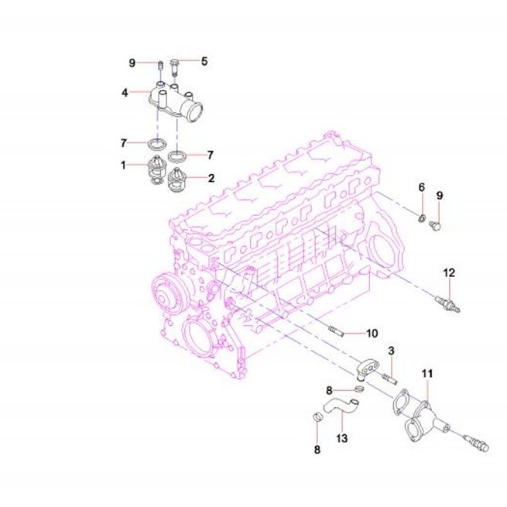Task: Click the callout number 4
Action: pyautogui.click(x=125, y=93)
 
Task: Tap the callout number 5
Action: pyautogui.click(x=204, y=61)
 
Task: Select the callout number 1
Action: pyautogui.click(x=123, y=165)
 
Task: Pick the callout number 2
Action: pyautogui.click(x=211, y=178)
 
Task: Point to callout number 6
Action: pyautogui.click(x=422, y=187)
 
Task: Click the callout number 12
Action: pyautogui.click(x=449, y=273)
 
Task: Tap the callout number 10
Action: pyautogui.click(x=372, y=333)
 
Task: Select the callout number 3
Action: pyautogui.click(x=391, y=351)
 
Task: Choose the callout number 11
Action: pyautogui.click(x=427, y=374)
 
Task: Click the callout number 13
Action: pyautogui.click(x=341, y=438)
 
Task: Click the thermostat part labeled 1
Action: pyautogui.click(x=156, y=170)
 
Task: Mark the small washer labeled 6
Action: pyautogui.click(x=422, y=218)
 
